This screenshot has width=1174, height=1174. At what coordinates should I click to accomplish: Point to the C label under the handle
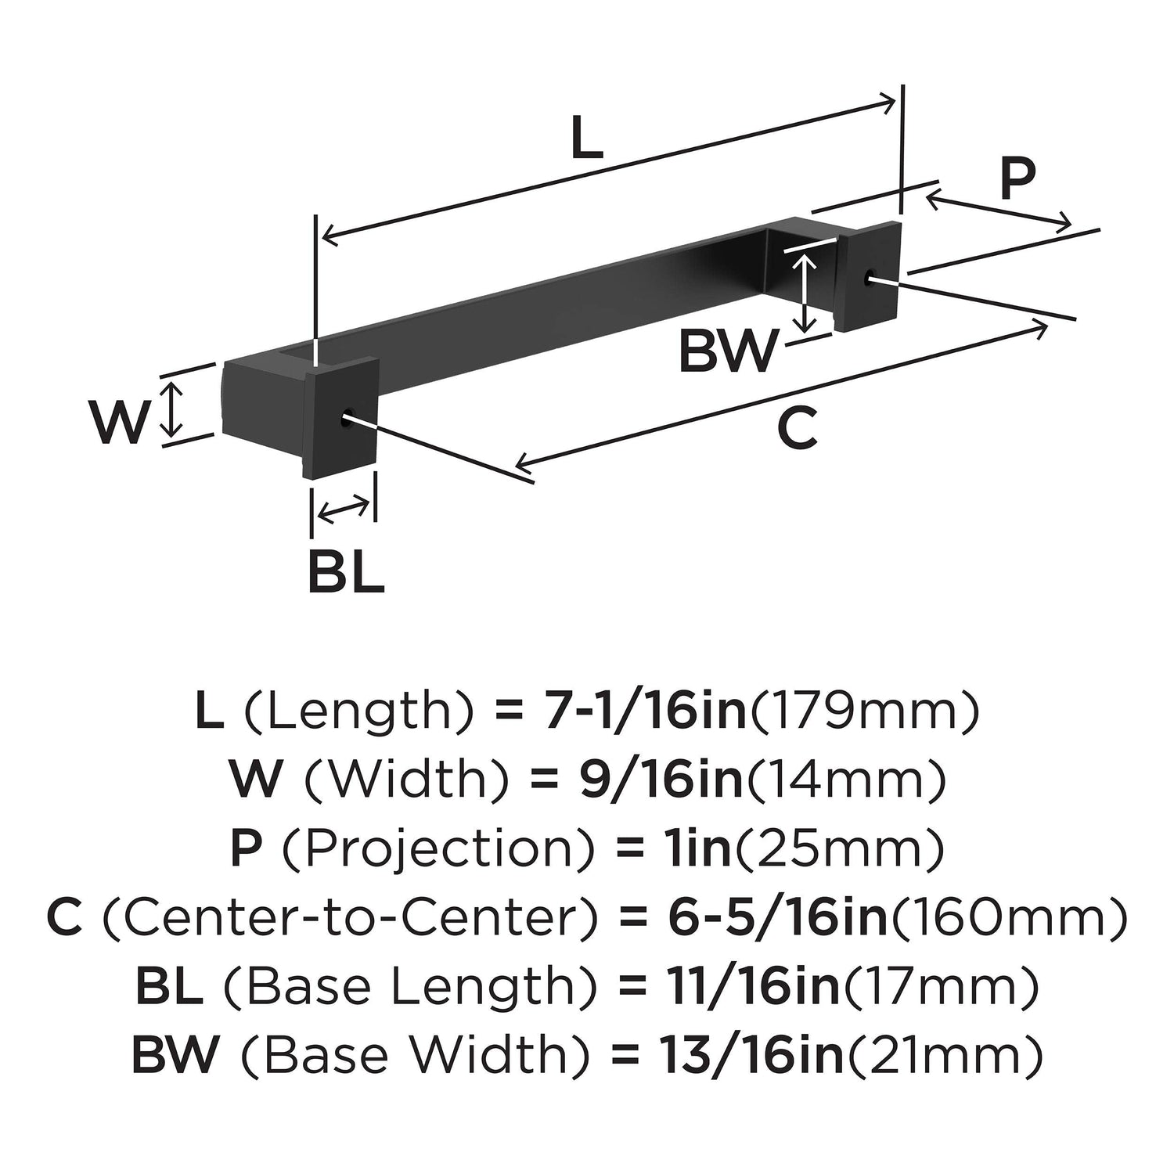pyautogui.click(x=797, y=429)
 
